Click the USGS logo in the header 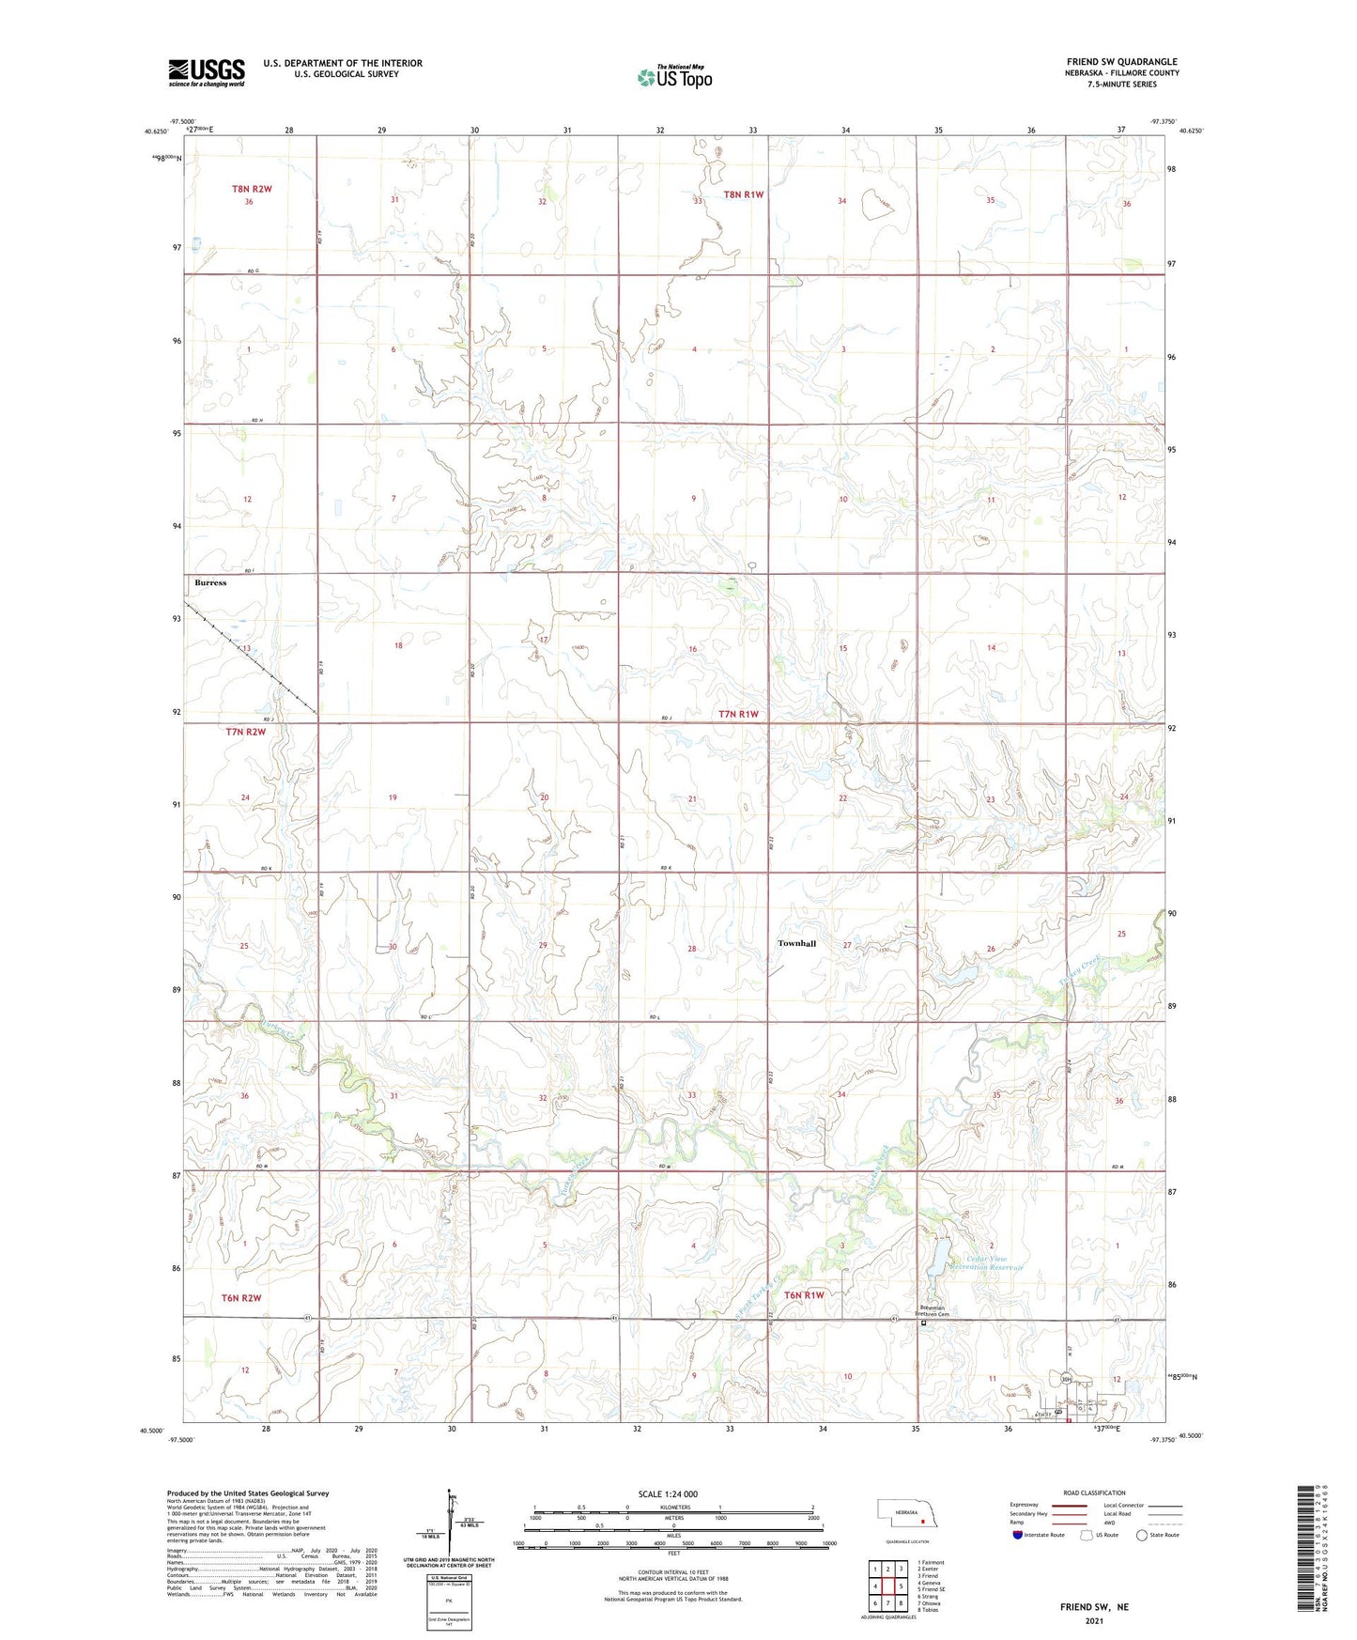pos(206,72)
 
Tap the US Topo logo pos(674,77)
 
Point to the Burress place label pos(210,582)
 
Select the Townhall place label pos(796,943)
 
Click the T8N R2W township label pos(252,189)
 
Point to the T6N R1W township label pos(804,1295)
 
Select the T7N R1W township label pos(738,714)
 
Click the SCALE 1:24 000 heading pos(668,1493)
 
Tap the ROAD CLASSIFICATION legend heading pos(1095,1493)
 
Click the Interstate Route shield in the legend pos(1018,1535)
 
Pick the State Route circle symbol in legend pos(1142,1535)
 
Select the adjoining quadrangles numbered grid pos(887,1587)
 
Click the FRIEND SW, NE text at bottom pos(1094,1607)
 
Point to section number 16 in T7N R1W pos(693,649)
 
